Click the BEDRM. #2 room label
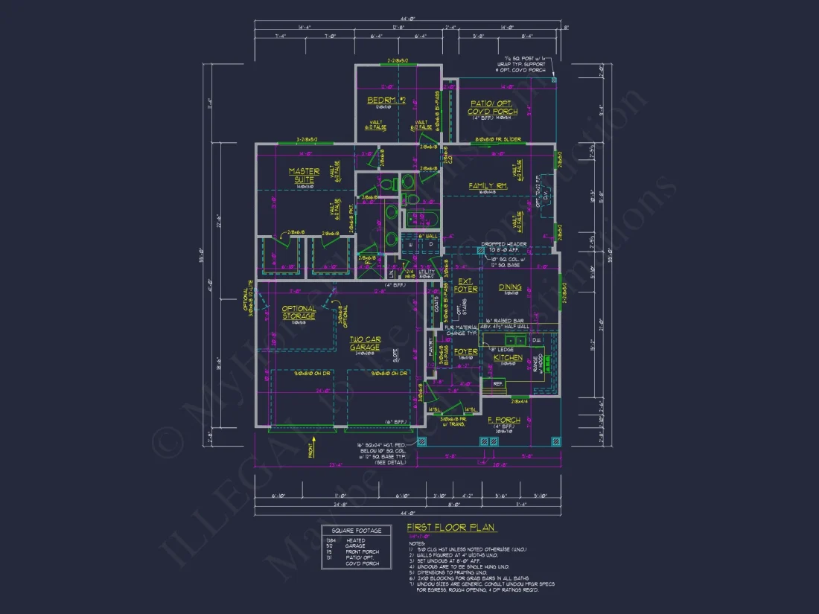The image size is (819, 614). click(385, 100)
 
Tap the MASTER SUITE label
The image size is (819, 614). click(304, 176)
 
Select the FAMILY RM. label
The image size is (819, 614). click(488, 186)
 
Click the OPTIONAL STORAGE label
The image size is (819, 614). click(299, 313)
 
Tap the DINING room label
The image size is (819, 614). click(510, 287)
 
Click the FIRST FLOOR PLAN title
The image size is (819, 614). click(451, 527)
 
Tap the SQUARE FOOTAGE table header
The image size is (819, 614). click(356, 531)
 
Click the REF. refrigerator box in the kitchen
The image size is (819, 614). click(497, 384)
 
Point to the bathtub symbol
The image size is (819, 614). click(420, 220)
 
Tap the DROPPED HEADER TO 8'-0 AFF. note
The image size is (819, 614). click(504, 247)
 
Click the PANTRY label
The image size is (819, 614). click(430, 354)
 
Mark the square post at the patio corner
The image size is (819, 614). click(554, 80)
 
